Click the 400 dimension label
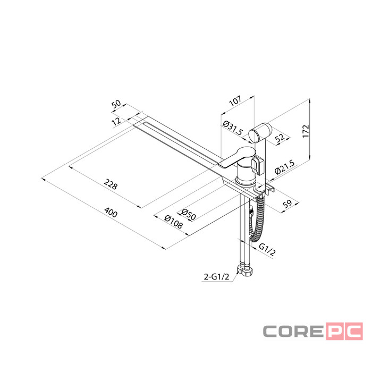tap(111, 213)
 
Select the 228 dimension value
tap(111, 184)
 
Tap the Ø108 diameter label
tap(173, 222)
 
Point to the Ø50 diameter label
tap(189, 215)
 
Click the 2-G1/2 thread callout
tap(217, 277)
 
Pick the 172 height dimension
tap(306, 131)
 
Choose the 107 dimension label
tap(235, 101)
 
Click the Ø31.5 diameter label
tap(233, 128)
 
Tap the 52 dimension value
tap(280, 138)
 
